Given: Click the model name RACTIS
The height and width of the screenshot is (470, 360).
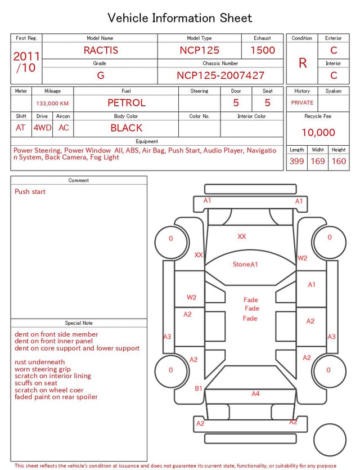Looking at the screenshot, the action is click(x=101, y=50).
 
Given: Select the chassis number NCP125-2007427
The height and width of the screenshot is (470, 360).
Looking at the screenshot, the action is click(x=220, y=75).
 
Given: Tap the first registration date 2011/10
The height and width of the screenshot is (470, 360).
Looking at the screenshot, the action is click(x=26, y=62).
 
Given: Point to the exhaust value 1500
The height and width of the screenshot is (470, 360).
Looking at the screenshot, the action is click(x=263, y=50).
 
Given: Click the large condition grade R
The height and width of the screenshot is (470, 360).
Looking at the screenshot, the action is click(x=303, y=63).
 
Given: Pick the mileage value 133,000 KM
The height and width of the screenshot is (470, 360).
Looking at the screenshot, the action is click(x=52, y=104).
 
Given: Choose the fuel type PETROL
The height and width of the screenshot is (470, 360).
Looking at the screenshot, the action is click(x=127, y=103).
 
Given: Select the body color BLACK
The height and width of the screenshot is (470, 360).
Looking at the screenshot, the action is click(x=127, y=128).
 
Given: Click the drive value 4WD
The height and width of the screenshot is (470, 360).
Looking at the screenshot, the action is click(x=42, y=128).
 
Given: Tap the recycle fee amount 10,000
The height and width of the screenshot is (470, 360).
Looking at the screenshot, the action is click(x=318, y=132).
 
